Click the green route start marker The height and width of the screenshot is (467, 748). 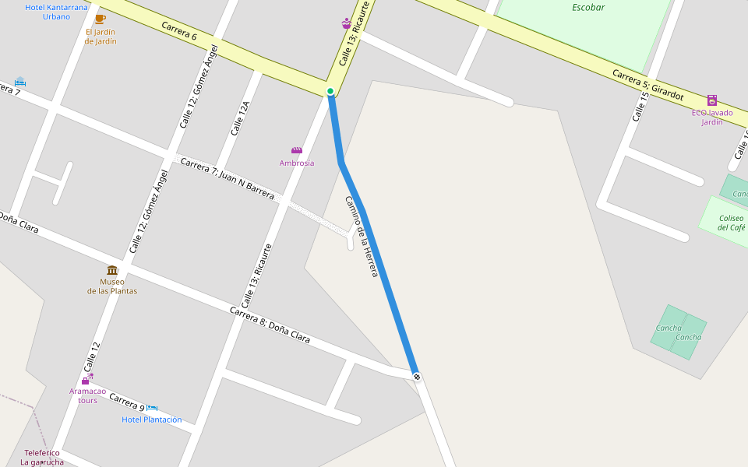(330, 91)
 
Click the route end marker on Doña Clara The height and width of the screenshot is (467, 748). (418, 377)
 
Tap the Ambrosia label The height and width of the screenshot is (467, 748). (297, 163)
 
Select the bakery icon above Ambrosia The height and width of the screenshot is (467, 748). (297, 150)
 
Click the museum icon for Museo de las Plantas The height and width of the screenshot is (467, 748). (112, 270)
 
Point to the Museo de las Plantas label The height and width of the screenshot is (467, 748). (112, 286)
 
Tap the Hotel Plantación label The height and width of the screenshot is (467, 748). (152, 420)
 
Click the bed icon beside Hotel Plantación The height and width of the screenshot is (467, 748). (152, 408)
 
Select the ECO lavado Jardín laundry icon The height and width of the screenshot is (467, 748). (711, 100)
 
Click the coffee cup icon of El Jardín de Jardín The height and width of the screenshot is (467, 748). (100, 19)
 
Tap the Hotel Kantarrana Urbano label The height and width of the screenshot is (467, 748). (57, 12)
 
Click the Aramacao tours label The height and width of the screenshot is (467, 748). (87, 395)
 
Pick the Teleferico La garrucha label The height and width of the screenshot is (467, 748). (42, 458)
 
